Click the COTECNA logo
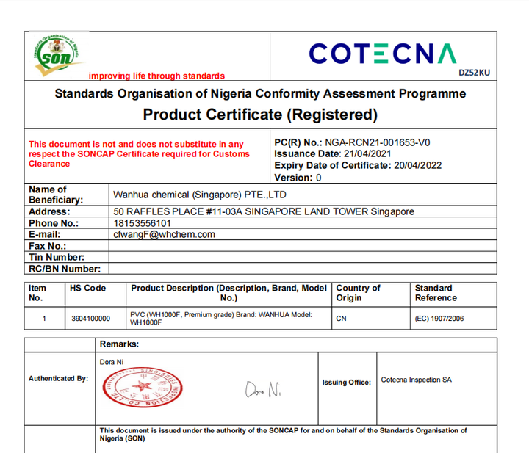click(x=382, y=53)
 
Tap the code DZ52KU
click(x=473, y=73)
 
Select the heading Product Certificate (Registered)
click(x=260, y=115)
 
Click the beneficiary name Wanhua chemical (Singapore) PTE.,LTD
click(x=199, y=195)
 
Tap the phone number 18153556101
click(x=143, y=223)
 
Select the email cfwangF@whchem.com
click(x=164, y=234)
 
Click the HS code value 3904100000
click(x=90, y=319)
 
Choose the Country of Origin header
click(x=358, y=293)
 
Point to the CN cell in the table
click(x=341, y=319)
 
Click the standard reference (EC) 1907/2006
click(x=439, y=319)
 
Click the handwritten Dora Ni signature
click(x=263, y=390)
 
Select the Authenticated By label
click(x=58, y=379)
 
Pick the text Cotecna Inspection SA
click(x=416, y=380)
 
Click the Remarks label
click(x=119, y=344)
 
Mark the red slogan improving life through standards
click(x=156, y=76)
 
